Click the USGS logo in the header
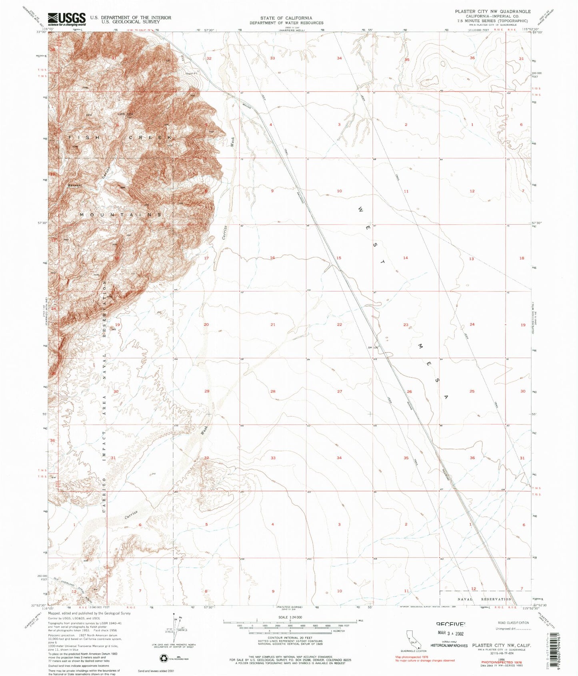pos(66,18)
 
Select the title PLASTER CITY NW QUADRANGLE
pos(493,12)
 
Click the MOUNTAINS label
pos(120,215)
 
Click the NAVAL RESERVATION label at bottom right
pos(484,599)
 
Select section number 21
pos(273,324)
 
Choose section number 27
pos(339,391)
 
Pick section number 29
pos(207,391)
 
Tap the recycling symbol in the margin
pos(164,647)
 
